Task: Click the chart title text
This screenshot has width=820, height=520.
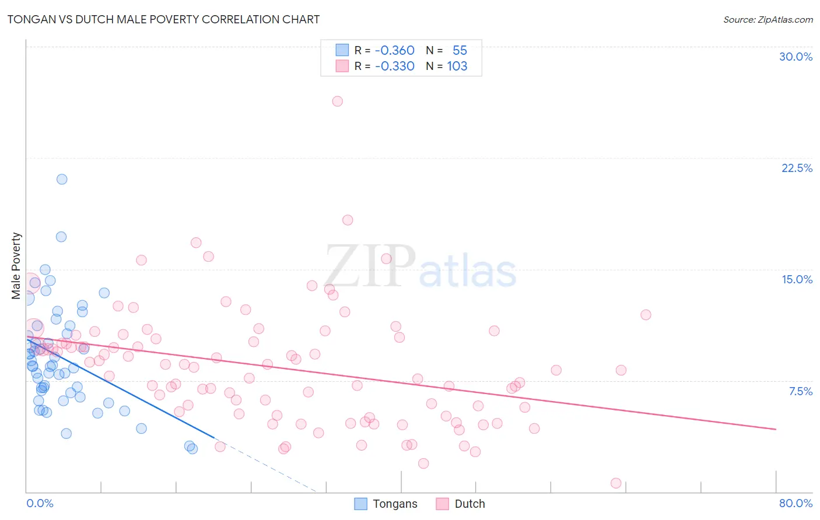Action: [163, 19]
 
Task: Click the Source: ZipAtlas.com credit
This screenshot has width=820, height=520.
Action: [768, 19]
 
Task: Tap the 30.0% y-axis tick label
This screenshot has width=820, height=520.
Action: [796, 57]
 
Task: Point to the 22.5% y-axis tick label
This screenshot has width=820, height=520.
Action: [797, 168]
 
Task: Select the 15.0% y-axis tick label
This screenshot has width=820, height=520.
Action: [797, 279]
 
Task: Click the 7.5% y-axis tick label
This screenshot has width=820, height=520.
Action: [800, 391]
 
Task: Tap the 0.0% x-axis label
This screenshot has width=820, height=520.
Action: [40, 503]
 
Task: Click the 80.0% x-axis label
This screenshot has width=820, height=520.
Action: [796, 503]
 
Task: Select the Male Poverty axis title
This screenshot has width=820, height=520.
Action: [16, 266]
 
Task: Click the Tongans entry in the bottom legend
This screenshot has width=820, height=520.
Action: [395, 504]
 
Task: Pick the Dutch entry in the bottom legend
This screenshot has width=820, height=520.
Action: [469, 504]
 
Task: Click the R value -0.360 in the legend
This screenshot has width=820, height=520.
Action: [394, 51]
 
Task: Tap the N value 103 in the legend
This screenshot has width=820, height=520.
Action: [457, 66]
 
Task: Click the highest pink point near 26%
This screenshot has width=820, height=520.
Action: [337, 101]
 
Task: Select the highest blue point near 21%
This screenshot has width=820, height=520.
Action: [62, 179]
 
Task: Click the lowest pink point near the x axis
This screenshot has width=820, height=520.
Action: [616, 483]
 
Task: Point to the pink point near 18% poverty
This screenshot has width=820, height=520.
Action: [348, 220]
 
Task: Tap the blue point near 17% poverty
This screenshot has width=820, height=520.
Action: [61, 237]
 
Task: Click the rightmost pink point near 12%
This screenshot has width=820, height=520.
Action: [646, 315]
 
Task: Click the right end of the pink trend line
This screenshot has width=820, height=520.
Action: [776, 429]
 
